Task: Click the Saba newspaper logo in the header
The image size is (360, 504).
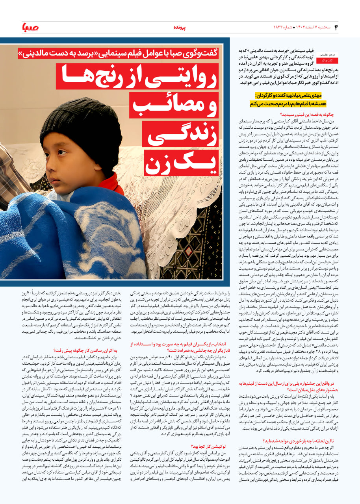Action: coord(29,28)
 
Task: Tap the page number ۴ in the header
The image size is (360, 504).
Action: coord(336,28)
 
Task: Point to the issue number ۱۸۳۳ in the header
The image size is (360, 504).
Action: coord(281,27)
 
